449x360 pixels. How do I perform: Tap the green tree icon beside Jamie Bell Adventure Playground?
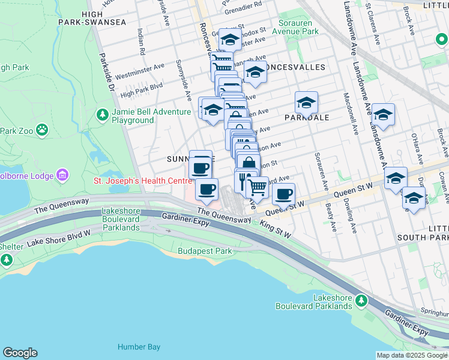[x=103, y=114]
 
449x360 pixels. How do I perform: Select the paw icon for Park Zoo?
[x=41, y=130]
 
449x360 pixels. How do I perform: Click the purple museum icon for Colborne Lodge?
[x=62, y=175]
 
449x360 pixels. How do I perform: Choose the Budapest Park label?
[x=205, y=251]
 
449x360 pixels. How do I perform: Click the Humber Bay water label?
[x=139, y=347]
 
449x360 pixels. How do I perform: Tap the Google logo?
[x=20, y=353]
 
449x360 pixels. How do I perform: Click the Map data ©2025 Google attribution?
[x=411, y=355]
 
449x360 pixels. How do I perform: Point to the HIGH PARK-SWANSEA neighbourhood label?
[x=92, y=18]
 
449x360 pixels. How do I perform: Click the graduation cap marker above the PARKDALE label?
[x=306, y=103]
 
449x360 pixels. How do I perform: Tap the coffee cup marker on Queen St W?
[x=283, y=194]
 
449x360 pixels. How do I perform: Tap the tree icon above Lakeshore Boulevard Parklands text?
[x=361, y=298]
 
